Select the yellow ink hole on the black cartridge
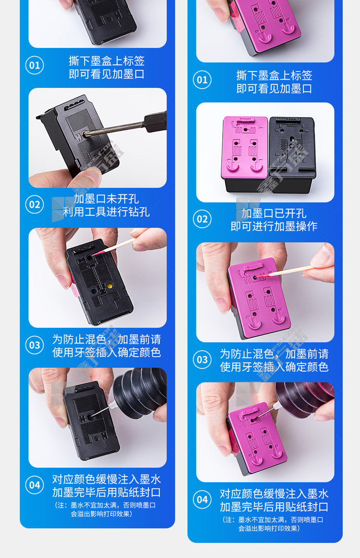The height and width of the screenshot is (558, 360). coord(109,286)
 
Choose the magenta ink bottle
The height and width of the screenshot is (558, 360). coord(305,399)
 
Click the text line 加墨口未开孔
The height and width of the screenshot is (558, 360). coord(106,199)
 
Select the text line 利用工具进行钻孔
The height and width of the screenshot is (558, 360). coord(106,212)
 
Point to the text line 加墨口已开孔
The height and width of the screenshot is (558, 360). coord(274,213)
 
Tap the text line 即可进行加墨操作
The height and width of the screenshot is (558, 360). coord(274,226)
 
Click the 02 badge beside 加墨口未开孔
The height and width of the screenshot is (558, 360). coord(35,204)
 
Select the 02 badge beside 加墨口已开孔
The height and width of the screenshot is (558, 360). coord(202,219)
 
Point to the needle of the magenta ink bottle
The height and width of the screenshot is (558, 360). coord(265,413)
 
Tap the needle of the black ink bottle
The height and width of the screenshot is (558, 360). coord(102,410)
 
